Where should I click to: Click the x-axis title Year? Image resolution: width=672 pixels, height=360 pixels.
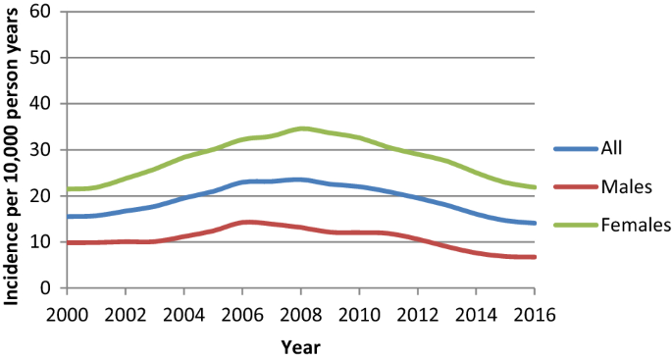coord(300,345)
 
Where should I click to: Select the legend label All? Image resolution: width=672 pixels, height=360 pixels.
coord(615,149)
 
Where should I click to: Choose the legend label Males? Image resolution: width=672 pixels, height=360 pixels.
coord(628,186)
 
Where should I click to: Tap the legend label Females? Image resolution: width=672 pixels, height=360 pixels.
coord(636,225)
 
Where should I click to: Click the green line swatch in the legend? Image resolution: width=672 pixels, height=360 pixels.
coord(576,225)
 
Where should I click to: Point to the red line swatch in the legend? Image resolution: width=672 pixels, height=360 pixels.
coord(576,186)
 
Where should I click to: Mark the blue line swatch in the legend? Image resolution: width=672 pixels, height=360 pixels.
coord(576,149)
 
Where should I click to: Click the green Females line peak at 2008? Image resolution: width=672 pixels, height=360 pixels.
coord(301,129)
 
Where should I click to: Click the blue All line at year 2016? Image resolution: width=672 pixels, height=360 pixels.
coord(535,223)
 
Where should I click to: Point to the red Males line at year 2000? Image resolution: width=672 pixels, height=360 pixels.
coord(68,242)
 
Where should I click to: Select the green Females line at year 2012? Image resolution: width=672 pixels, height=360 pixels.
coord(418,153)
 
